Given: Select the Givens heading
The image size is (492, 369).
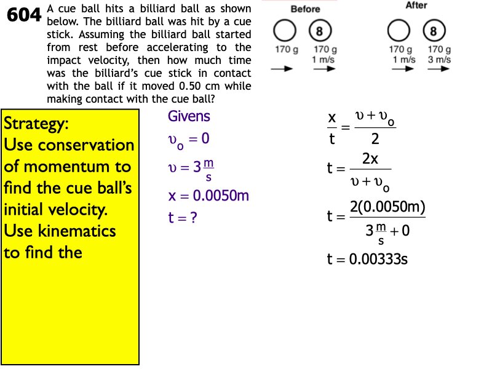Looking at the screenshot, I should pyautogui.click(x=189, y=116).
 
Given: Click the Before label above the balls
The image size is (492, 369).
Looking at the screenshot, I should pyautogui.click(x=305, y=9).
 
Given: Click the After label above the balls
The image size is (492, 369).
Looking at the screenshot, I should pyautogui.click(x=416, y=6).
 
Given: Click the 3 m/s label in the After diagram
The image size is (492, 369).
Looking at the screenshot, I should pyautogui.click(x=439, y=60).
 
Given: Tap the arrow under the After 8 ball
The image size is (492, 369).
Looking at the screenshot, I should pyautogui.click(x=437, y=70).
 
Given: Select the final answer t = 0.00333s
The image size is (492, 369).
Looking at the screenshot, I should pyautogui.click(x=367, y=260).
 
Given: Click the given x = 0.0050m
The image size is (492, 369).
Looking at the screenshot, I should pyautogui.click(x=208, y=196).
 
